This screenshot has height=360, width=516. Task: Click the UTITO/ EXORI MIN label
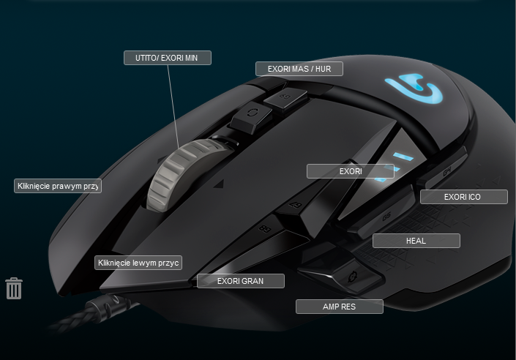pyautogui.click(x=167, y=58)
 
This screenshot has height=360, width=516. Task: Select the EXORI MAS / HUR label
pyautogui.click(x=299, y=69)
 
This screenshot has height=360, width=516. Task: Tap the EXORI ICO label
pyautogui.click(x=463, y=197)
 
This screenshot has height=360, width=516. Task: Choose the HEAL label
pyautogui.click(x=416, y=241)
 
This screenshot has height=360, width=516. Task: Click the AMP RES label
pyautogui.click(x=339, y=307)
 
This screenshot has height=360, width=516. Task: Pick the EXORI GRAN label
pyautogui.click(x=240, y=280)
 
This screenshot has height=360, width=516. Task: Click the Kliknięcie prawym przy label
pyautogui.click(x=58, y=186)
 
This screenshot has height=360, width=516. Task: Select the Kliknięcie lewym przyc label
pyautogui.click(x=138, y=263)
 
